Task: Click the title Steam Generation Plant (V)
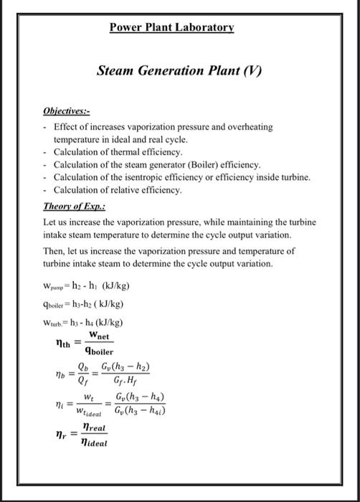pos(180,72)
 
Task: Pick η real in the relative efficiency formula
pos(94,427)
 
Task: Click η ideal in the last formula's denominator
pos(94,443)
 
